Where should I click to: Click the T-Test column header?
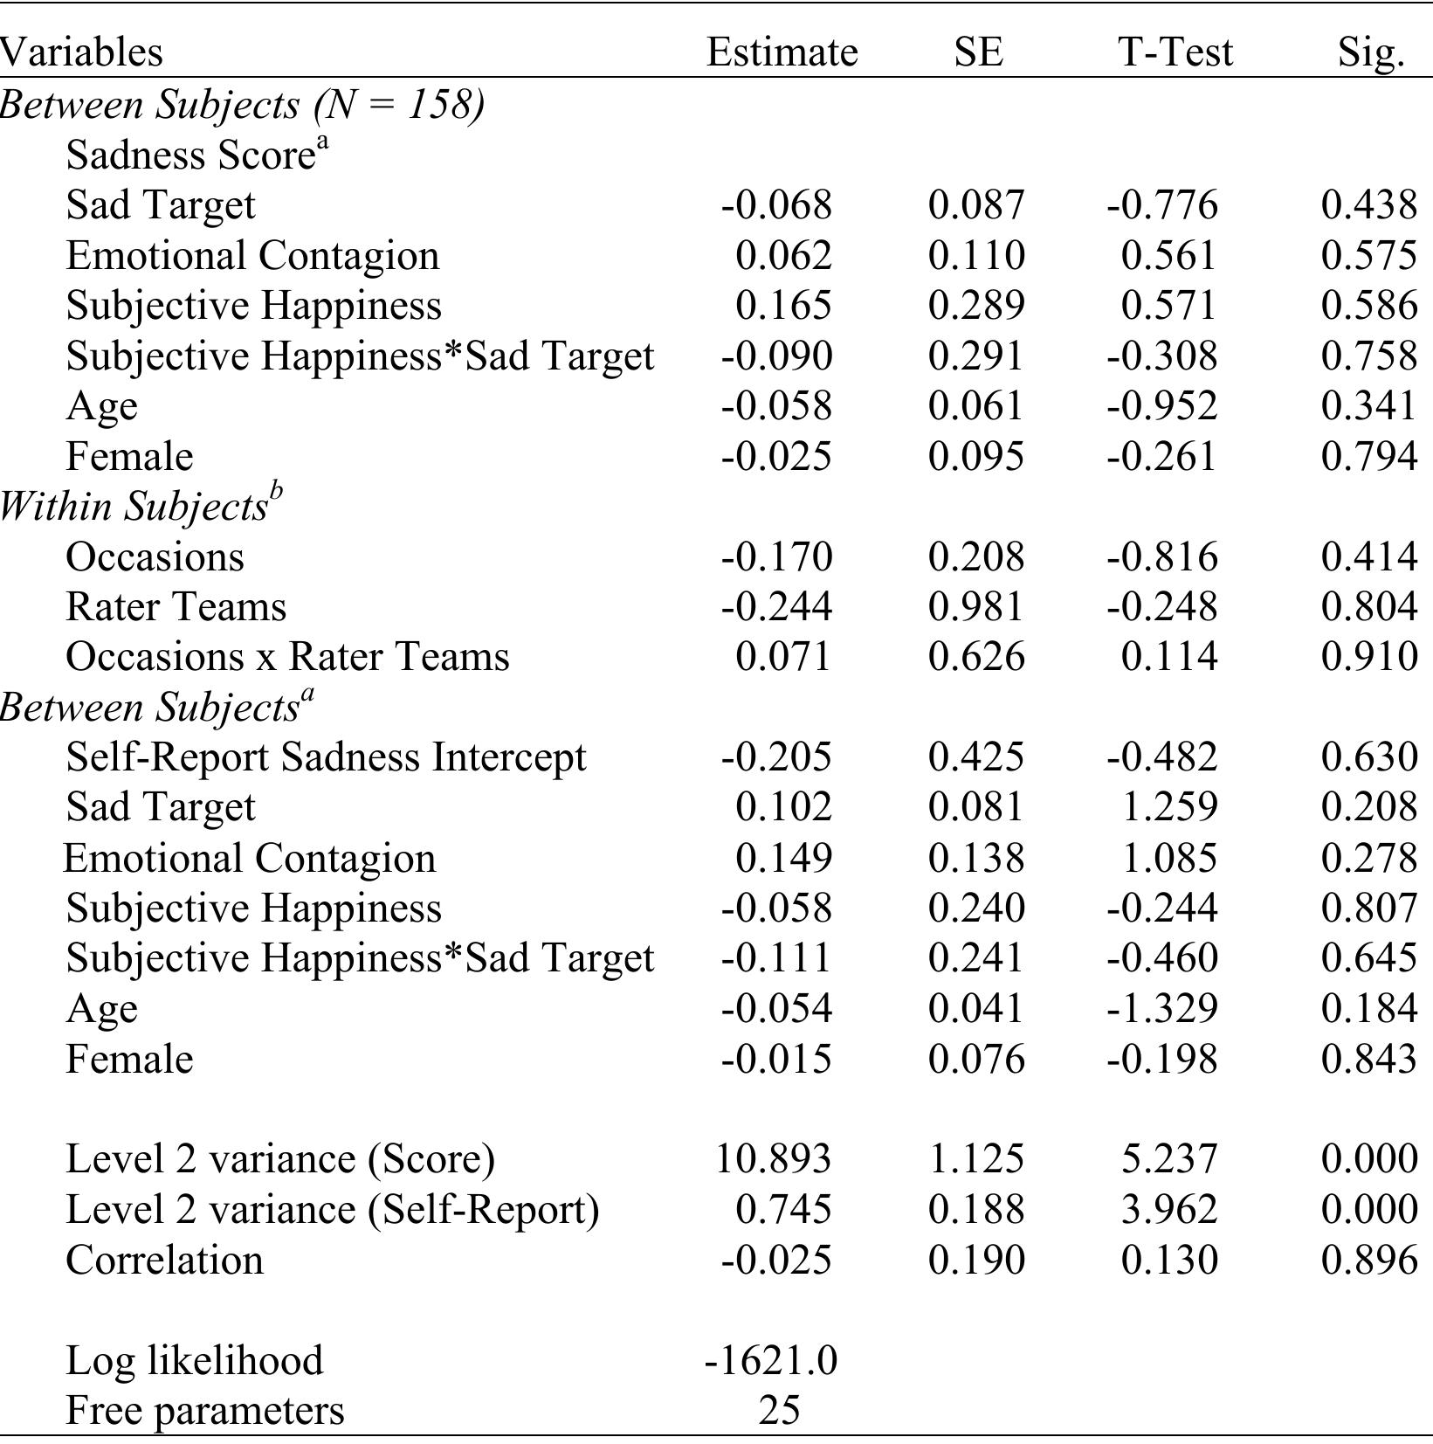[1175, 52]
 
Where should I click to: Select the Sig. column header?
[1371, 52]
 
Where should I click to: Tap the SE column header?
[978, 52]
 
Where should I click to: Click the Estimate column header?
[782, 52]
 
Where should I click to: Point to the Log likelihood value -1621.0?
[771, 1360]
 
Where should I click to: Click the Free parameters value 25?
[779, 1410]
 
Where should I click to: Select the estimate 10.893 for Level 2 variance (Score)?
[773, 1159]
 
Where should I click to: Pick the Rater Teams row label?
[176, 607]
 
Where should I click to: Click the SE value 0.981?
[975, 607]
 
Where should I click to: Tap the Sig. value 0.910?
[1369, 657]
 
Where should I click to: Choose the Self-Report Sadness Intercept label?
[326, 757]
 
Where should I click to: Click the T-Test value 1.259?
[1168, 807]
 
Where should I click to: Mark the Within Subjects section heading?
[140, 507]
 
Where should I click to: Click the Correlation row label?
[164, 1260]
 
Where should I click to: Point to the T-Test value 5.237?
[1168, 1159]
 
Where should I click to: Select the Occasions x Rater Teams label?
[287, 657]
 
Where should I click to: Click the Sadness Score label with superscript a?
[197, 155]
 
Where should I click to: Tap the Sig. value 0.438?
[1369, 205]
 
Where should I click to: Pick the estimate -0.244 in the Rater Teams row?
[776, 607]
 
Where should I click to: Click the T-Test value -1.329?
[1161, 1009]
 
